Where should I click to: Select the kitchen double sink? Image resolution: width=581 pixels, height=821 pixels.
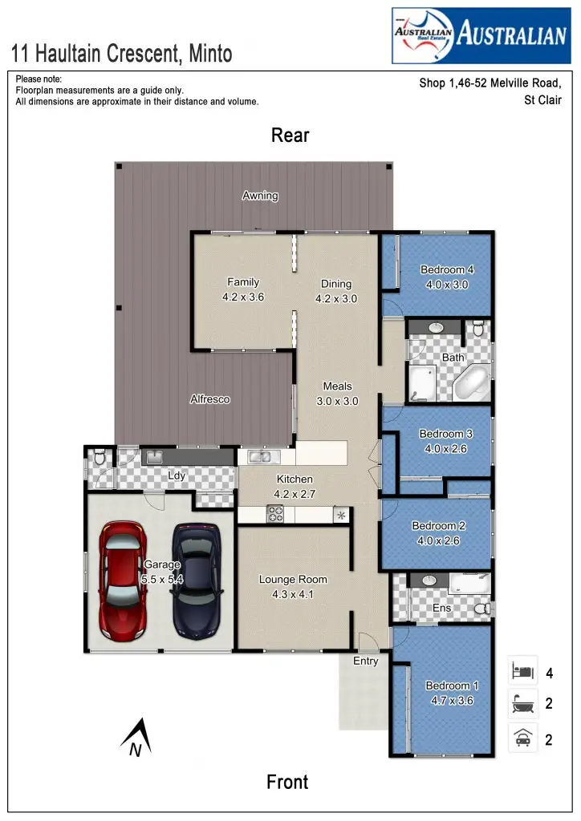[x=260, y=457]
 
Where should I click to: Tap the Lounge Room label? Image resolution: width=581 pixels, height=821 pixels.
[x=293, y=580]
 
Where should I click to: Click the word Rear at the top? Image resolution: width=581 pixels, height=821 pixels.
[x=290, y=135]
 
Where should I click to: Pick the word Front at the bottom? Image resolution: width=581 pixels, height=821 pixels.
[x=287, y=782]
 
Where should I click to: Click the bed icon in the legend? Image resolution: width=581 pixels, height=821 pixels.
[x=522, y=670]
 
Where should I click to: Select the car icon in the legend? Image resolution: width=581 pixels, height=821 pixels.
[x=522, y=738]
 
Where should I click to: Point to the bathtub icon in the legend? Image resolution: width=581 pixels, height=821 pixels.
[x=522, y=704]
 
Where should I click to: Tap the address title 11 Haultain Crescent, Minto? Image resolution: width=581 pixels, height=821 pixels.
[x=122, y=55]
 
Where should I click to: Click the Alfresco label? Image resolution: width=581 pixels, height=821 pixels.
[x=210, y=399]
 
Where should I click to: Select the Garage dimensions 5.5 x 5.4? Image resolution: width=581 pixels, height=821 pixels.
[x=163, y=579]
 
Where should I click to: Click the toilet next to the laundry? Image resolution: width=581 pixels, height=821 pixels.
[x=99, y=459]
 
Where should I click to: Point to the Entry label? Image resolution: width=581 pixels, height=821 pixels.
[x=365, y=661]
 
